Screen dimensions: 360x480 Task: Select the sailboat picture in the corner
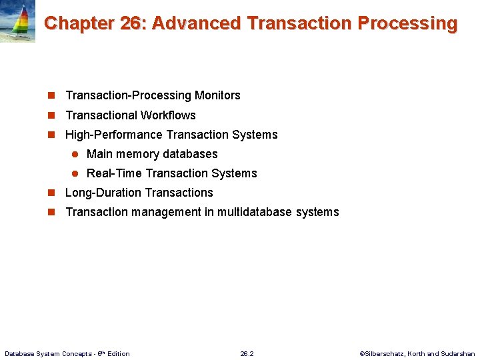[x=17, y=21]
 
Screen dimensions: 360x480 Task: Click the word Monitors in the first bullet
[x=217, y=95]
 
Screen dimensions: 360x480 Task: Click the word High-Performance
[x=113, y=134]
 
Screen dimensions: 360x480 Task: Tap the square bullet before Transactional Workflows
[x=51, y=115]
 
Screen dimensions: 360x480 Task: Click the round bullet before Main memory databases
[x=75, y=154]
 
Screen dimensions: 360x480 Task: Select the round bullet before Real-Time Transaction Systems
[x=75, y=173]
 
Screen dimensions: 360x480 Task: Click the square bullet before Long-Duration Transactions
[x=51, y=193]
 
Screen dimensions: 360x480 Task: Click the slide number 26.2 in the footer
[x=247, y=353]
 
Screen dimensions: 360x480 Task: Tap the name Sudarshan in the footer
[x=458, y=353]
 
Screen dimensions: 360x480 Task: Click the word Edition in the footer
[x=117, y=353]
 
